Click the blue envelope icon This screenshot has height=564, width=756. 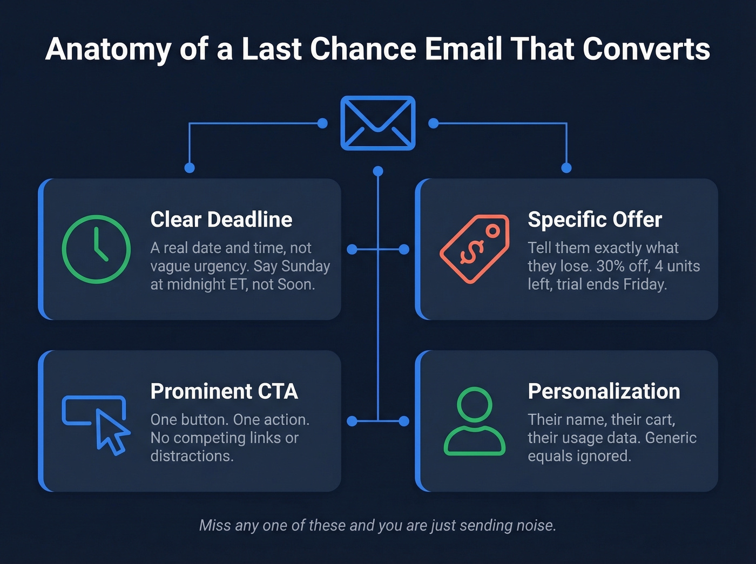click(x=377, y=123)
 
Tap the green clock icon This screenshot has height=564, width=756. click(x=96, y=249)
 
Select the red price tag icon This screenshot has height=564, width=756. click(x=475, y=249)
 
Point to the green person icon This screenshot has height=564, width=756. click(x=475, y=421)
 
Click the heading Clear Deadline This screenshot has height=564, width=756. click(x=221, y=220)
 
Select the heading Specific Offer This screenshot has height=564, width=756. click(x=595, y=220)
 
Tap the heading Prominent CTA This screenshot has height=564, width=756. click(x=224, y=391)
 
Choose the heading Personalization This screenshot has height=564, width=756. click(x=604, y=391)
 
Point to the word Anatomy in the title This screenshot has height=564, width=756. click(x=108, y=50)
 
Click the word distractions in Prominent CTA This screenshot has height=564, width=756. click(x=192, y=456)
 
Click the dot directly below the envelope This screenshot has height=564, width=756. click(x=378, y=171)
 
